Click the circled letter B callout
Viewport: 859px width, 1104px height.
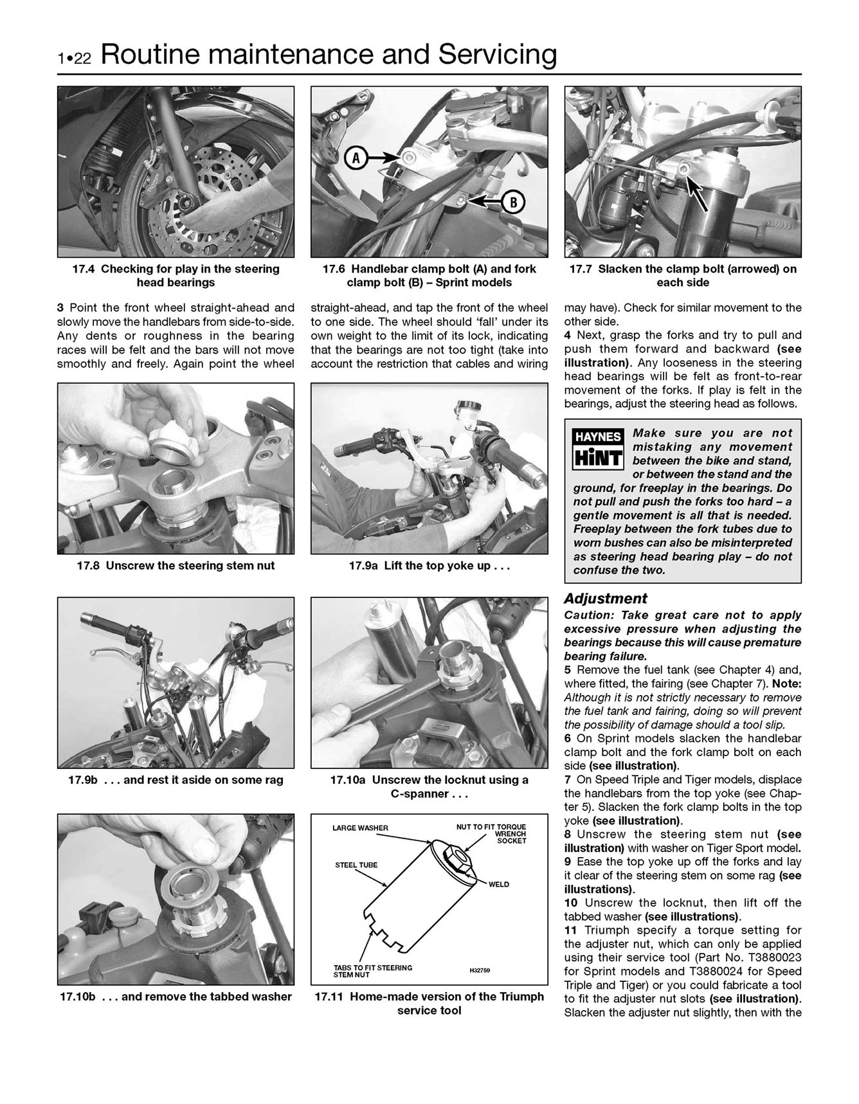click(x=512, y=202)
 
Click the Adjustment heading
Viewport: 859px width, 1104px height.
click(x=605, y=599)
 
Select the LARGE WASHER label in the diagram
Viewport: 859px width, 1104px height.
click(x=360, y=828)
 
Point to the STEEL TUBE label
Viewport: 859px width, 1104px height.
click(x=356, y=865)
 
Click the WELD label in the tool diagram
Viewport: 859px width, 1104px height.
click(x=498, y=885)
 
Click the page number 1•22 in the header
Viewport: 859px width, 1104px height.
click(x=75, y=59)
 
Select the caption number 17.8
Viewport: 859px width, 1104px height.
click(x=89, y=566)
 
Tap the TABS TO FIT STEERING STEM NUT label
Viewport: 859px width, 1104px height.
click(x=373, y=971)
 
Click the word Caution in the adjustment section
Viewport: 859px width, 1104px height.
click(x=587, y=615)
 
